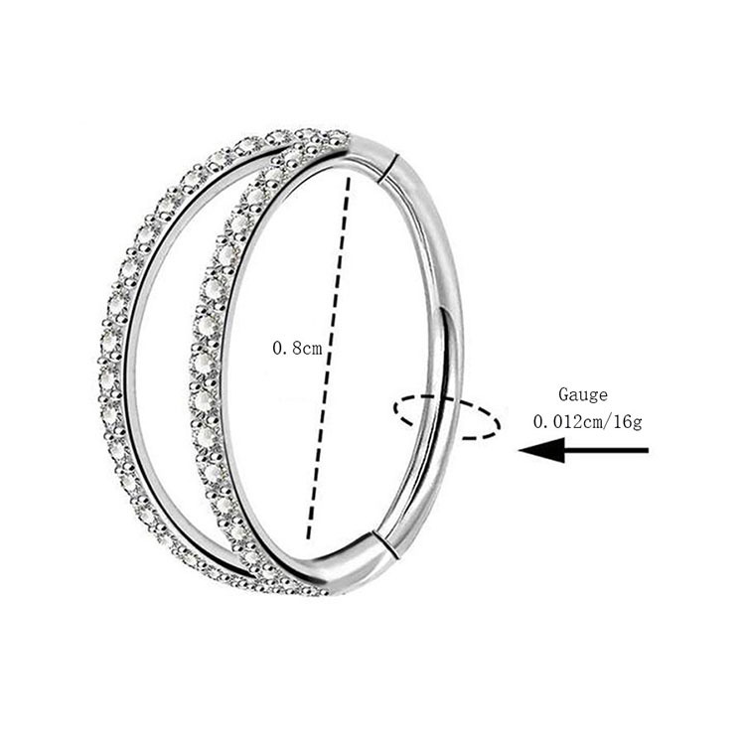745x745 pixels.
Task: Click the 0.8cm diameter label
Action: [297, 349]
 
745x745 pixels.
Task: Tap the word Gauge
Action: [582, 394]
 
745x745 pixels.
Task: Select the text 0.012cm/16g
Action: [587, 421]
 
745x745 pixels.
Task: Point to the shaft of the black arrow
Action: [606, 450]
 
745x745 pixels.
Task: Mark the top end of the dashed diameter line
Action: [347, 179]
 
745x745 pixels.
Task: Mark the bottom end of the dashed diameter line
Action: [310, 536]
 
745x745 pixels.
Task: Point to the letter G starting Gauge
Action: [563, 394]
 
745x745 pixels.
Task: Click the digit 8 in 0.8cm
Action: [291, 349]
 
